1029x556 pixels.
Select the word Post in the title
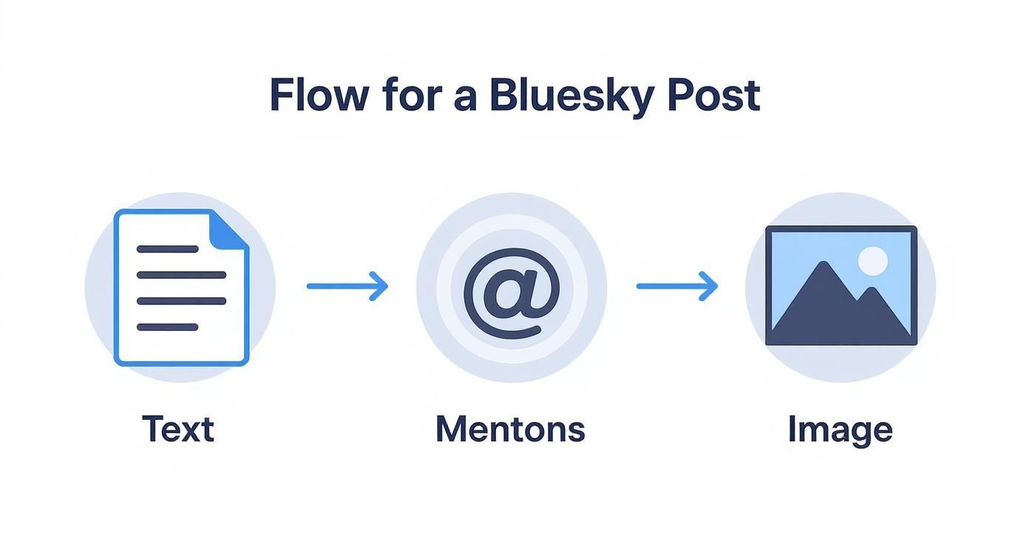coord(713,96)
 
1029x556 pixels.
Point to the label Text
coord(177,429)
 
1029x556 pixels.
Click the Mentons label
coord(510,429)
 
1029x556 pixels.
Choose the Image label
coord(840,430)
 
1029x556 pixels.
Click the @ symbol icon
coord(512,287)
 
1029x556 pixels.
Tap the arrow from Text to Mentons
coord(347,286)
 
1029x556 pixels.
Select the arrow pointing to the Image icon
coord(676,286)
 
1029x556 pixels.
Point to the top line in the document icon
coord(168,249)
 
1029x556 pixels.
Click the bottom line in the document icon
coord(168,326)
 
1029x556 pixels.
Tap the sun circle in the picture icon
coord(872,261)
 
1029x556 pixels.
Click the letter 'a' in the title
coord(465,98)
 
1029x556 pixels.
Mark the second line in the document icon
coord(181,275)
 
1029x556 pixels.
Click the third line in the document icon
coord(181,301)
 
